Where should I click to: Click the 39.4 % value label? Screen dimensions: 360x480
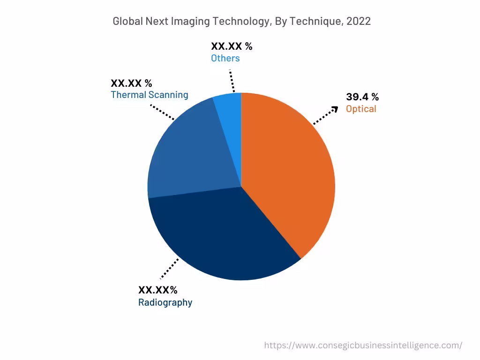[362, 97]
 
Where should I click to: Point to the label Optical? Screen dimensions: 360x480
[361, 109]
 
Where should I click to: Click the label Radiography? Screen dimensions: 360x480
[165, 302]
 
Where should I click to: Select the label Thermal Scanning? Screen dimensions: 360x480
[149, 95]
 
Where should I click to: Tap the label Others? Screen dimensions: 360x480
[225, 58]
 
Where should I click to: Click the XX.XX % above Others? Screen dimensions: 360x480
[232, 46]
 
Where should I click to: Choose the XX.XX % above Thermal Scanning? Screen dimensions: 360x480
[131, 83]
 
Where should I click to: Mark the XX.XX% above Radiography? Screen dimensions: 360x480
[157, 290]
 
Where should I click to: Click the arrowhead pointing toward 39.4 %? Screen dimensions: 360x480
[334, 109]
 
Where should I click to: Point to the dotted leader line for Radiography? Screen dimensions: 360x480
[170, 268]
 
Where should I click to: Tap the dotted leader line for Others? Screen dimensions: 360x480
[232, 82]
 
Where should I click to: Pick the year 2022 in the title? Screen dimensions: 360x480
[359, 21]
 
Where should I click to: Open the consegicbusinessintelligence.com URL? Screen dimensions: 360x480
[363, 345]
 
